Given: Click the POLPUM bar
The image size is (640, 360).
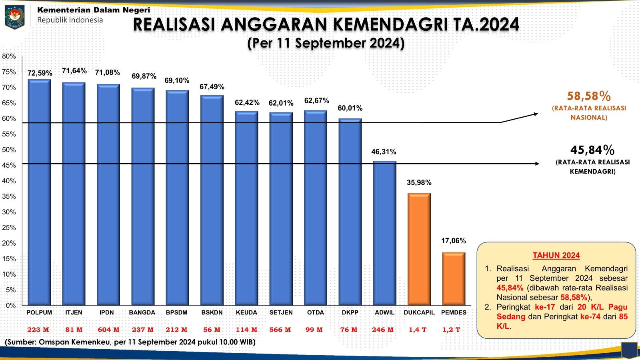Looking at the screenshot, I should point(39,192).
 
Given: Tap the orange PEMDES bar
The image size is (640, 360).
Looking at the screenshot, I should point(454,278).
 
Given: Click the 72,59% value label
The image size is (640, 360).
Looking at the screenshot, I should point(40,73).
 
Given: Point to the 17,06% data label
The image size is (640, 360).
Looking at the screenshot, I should point(453,241).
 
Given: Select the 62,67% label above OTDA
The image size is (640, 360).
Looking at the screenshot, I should point(316,100).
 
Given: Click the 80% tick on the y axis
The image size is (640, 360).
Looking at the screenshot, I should point(9,56).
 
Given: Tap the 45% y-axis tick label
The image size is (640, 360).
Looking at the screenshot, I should point(9,165).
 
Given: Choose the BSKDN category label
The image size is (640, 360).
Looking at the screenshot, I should point(212,312).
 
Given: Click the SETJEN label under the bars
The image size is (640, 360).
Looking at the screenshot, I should point(281,312).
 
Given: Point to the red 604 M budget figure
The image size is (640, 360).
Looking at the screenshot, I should point(108,330).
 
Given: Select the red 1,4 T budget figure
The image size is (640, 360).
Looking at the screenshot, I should point(418,330).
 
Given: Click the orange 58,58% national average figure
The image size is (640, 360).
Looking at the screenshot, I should point(589,96).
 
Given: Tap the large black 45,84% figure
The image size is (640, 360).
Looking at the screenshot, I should point(592,150).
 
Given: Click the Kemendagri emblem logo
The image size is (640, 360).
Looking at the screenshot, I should point(15,17).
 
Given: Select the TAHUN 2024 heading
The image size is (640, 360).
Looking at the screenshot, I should point(556,256).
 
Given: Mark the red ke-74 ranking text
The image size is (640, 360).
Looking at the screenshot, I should point(590,316).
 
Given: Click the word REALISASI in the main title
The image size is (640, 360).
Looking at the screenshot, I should point(174,24).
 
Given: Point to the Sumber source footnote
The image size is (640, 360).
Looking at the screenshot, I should point(130,342).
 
